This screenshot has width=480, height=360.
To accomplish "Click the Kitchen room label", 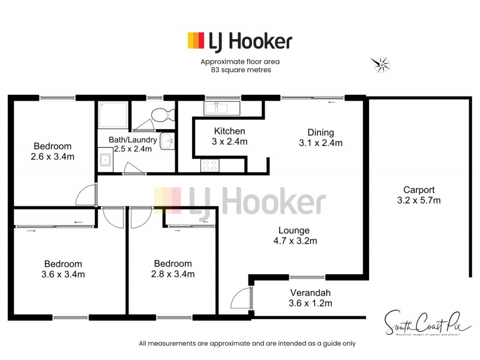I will pos(230,131).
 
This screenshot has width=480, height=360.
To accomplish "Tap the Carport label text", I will pos(418,189).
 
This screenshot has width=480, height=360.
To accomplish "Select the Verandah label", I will pos(310,293).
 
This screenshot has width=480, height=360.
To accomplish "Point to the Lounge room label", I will pos(294,230).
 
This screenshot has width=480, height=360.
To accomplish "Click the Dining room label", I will pos(320,133).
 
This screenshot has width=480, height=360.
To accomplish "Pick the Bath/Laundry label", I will pos(133,140).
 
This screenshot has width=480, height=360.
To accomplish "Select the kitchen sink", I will pos(221,108).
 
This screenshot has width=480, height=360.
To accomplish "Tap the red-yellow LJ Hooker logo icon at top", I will pos(196,40).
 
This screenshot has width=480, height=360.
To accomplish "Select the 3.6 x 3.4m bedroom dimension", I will pos(63,275).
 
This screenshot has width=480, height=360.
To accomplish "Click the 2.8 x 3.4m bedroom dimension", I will pos(173,275).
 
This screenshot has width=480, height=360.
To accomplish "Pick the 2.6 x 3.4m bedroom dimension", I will pos(52,157).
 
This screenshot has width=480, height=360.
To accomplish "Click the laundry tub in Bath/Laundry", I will pos(105,160).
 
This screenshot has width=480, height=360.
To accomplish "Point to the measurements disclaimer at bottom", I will pos(247,344).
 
